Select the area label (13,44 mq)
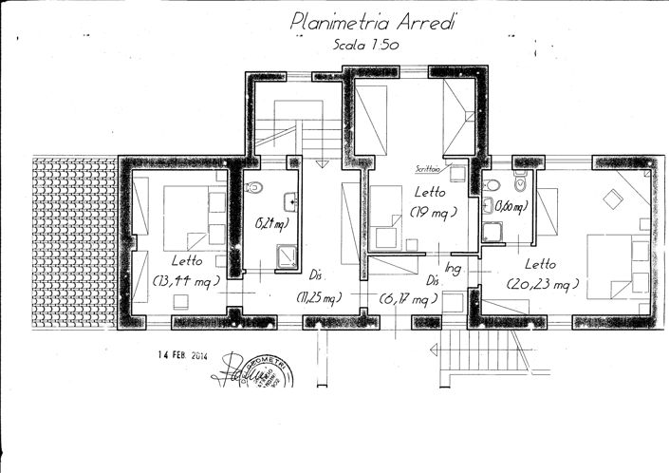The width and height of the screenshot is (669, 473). [186, 281]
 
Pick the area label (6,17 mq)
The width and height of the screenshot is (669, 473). [409, 299]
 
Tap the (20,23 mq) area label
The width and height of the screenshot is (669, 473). [542, 284]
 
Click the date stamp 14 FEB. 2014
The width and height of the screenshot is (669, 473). [182, 356]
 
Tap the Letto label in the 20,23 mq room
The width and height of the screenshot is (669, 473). [541, 264]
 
